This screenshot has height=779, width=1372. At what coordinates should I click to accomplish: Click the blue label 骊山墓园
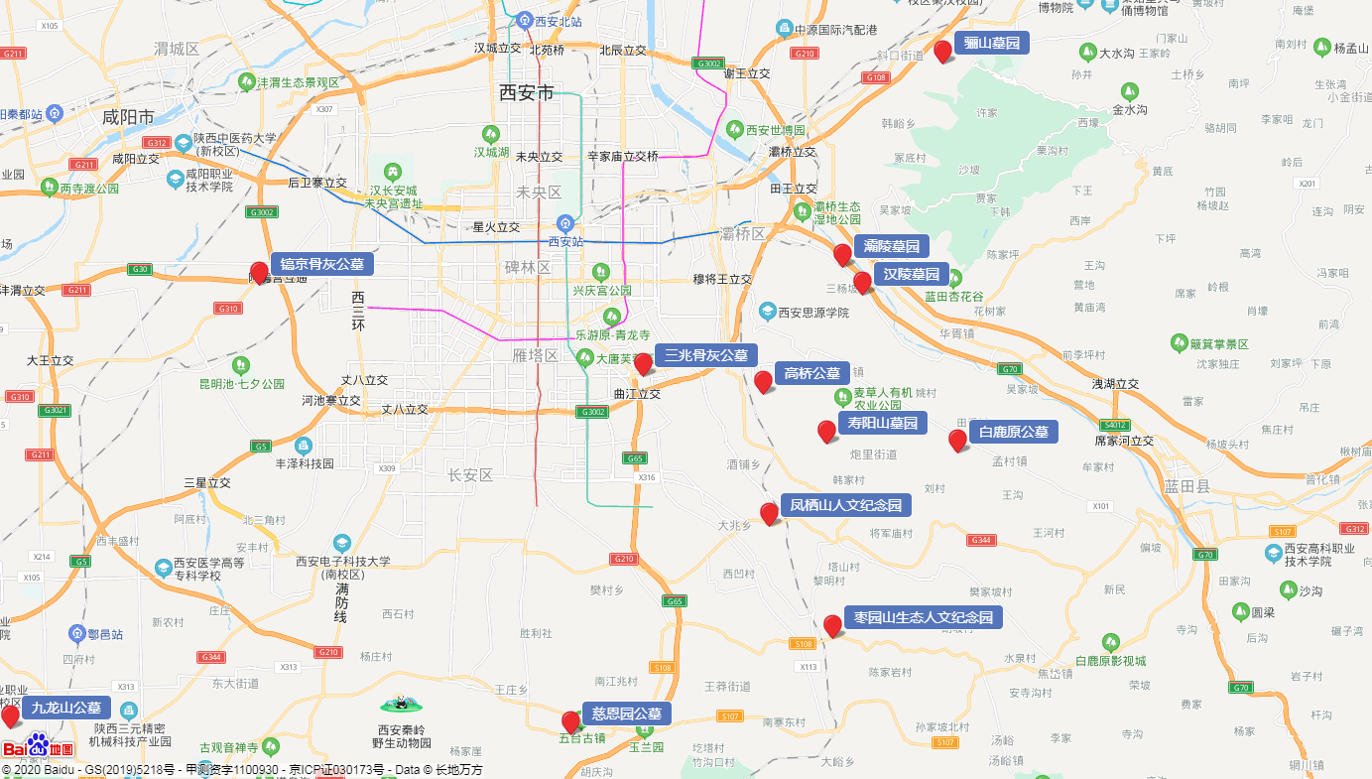coord(991,44)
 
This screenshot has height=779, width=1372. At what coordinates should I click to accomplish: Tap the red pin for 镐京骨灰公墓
coord(260,273)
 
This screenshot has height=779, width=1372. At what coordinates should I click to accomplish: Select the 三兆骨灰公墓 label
coord(705,355)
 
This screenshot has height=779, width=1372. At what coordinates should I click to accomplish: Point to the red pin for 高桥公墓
coord(763,382)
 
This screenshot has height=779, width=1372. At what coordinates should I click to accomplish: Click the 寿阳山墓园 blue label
coord(882,424)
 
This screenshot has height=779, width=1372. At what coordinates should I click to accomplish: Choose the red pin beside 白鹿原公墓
coord(957,441)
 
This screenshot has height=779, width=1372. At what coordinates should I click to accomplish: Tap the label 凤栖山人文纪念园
coord(845,506)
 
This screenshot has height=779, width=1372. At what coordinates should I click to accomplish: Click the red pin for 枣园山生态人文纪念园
coord(832,626)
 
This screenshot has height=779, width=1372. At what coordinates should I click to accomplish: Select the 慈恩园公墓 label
coord(626,714)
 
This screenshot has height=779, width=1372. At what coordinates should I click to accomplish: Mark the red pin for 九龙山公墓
coord(11,716)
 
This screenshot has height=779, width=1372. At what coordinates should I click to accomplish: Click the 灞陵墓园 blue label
coord(891,246)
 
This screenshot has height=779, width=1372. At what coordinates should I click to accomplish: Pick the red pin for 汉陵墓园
coord(862,283)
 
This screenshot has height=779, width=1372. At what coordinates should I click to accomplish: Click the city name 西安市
coord(527,93)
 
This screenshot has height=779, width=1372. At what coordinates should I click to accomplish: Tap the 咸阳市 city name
coord(129,117)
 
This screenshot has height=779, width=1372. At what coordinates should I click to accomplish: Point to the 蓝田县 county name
coord(1187,486)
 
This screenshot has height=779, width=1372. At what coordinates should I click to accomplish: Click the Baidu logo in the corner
coord(38,747)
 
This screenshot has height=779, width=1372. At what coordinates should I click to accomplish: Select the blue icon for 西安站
coord(564,223)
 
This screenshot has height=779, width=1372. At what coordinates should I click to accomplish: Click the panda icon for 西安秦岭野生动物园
coord(401,705)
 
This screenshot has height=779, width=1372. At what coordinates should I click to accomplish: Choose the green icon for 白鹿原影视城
coord(1110,642)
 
